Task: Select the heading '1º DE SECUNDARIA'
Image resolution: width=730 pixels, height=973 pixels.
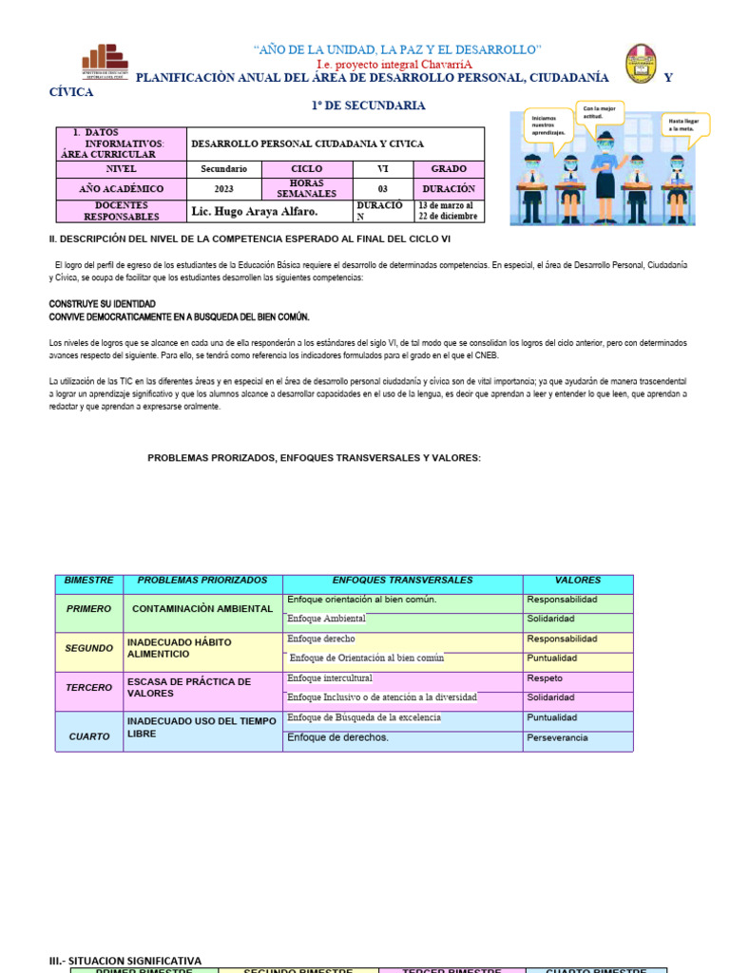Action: (x=368, y=105)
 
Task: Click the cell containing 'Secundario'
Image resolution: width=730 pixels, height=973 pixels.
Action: (x=223, y=168)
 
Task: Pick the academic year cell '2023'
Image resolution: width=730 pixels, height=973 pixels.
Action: (x=223, y=189)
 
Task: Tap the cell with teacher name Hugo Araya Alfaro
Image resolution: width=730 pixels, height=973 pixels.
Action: (x=254, y=211)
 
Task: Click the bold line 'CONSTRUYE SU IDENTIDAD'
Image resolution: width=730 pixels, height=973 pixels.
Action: (x=102, y=304)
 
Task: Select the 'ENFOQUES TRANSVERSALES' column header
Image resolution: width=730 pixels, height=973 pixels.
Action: (x=402, y=580)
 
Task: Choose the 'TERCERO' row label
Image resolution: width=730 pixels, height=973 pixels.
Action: (x=89, y=687)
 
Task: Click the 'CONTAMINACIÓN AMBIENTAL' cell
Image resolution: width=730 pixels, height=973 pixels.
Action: (x=202, y=608)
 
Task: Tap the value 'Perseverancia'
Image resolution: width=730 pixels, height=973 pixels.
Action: (x=557, y=737)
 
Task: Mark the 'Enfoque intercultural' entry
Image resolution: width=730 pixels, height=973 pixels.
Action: (x=330, y=678)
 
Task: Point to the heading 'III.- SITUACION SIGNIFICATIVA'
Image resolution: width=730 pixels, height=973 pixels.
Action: (x=125, y=961)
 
